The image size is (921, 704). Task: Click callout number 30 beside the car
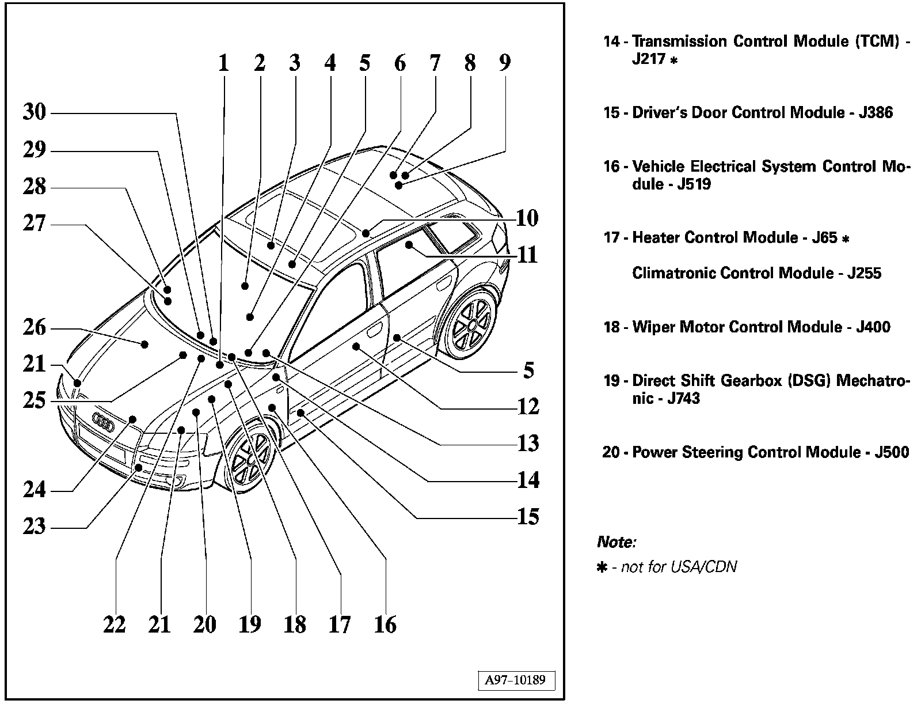(x=35, y=112)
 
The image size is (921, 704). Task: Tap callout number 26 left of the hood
(x=35, y=327)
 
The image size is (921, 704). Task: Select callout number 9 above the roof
(x=505, y=62)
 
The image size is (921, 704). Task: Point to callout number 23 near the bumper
(x=35, y=526)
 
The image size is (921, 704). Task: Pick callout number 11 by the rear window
(x=527, y=254)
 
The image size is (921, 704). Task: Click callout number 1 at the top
(x=223, y=62)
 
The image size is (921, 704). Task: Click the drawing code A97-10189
(x=515, y=680)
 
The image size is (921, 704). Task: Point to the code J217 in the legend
(x=649, y=59)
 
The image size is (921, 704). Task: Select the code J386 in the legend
(x=876, y=112)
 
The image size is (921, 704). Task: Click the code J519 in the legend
(x=694, y=184)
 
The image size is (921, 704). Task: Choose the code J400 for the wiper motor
(x=873, y=327)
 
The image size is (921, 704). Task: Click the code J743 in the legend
(x=683, y=399)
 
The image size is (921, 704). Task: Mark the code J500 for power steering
(x=892, y=452)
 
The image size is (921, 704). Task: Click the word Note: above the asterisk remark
(x=616, y=542)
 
